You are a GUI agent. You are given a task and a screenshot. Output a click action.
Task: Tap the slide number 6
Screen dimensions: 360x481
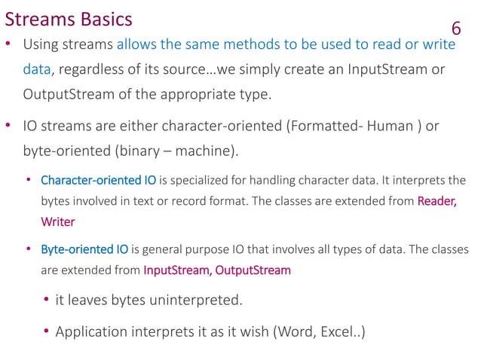pos(455,29)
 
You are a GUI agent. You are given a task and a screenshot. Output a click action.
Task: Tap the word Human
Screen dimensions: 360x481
pos(388,126)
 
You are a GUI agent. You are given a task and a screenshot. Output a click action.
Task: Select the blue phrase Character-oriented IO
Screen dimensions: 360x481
pos(98,181)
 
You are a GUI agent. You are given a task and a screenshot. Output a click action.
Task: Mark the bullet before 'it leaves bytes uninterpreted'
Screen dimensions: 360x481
pos(46,301)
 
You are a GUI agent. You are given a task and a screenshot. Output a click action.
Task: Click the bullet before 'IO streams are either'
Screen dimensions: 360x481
pos(8,126)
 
